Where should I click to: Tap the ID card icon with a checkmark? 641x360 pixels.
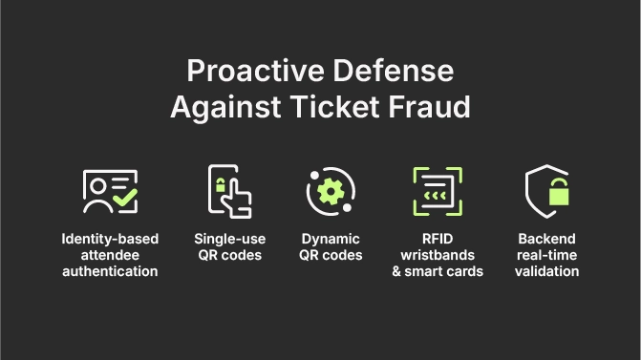(110, 191)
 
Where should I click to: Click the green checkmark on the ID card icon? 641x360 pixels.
(124, 200)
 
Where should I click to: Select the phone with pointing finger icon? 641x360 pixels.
(229, 191)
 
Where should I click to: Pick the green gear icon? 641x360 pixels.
(331, 191)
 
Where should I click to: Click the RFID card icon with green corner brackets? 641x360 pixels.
(438, 191)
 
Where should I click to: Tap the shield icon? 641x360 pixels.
(547, 191)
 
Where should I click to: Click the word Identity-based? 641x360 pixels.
(110, 239)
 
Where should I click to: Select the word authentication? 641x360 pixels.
(110, 271)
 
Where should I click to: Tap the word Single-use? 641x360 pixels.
(229, 239)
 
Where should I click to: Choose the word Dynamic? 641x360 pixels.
(331, 239)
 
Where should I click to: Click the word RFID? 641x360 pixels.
(438, 239)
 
